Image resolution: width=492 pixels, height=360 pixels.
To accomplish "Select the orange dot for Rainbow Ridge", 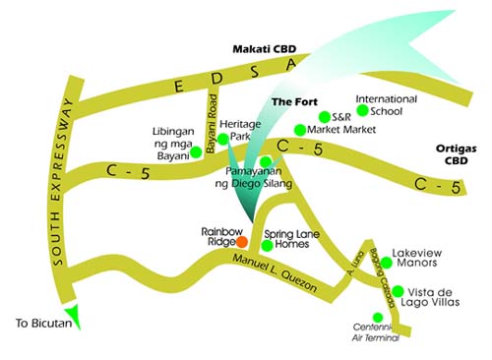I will click(242, 239).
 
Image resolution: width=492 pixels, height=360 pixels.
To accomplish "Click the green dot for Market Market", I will click(300, 130).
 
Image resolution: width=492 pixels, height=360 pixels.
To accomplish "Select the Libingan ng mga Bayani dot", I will click(196, 151).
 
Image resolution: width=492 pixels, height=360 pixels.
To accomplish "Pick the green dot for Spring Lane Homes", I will click(267, 245).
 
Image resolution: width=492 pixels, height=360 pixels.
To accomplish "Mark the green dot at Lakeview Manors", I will click(386, 263).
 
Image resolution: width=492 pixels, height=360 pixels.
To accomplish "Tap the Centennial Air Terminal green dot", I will click(378, 317).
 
